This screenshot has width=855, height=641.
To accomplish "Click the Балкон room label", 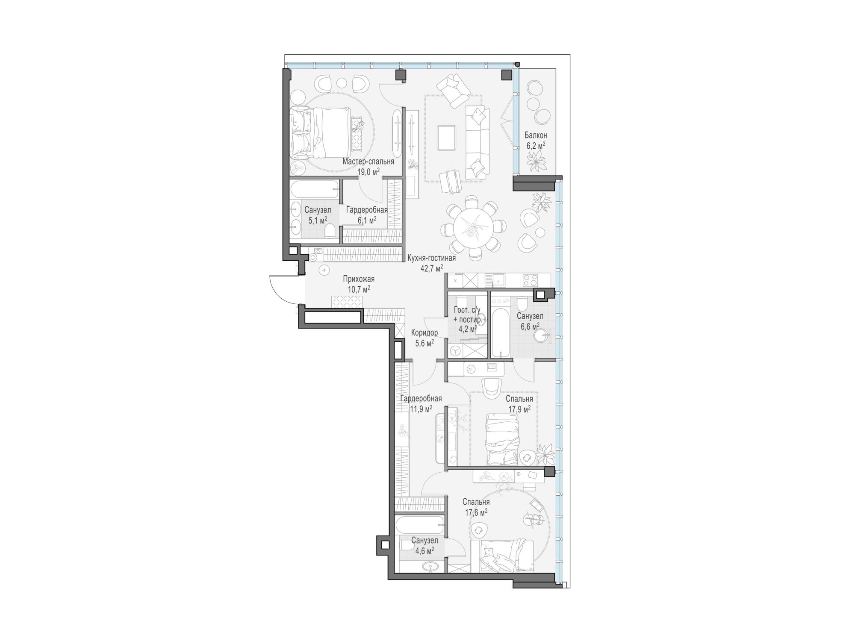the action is coord(536,135).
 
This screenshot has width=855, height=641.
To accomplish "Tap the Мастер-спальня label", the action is coord(368,162).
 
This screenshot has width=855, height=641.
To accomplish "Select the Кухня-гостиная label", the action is coord(431,258).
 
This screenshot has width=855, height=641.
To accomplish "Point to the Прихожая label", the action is coord(359,279).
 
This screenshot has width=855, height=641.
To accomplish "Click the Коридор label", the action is coord(424,332).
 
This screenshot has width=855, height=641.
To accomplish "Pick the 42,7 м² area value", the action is coord(432,268).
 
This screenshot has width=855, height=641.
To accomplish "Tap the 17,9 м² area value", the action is coord(519,408).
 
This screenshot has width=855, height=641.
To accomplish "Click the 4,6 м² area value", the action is coord(425,550).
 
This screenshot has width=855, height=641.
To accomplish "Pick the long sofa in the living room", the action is coord(478,142).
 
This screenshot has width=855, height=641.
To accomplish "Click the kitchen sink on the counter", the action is coord(498,280).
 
